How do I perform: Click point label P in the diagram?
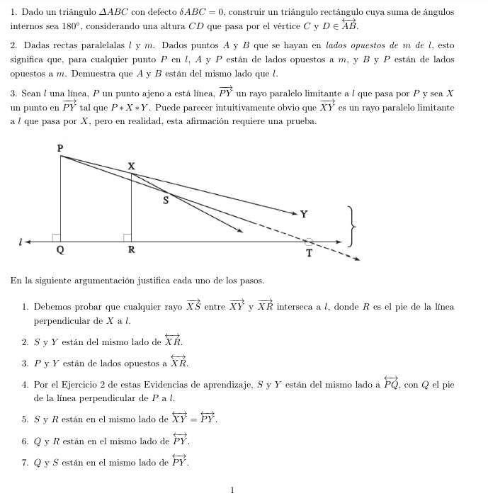[x=60, y=147]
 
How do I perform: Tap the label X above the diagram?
[x=131, y=165]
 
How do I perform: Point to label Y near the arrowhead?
[x=304, y=214]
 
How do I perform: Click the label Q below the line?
[x=60, y=250]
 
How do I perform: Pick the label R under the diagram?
[x=131, y=250]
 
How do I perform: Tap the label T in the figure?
[x=309, y=254]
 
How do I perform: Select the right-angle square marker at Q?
[x=56, y=237]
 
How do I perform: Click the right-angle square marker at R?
[x=127, y=237]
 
